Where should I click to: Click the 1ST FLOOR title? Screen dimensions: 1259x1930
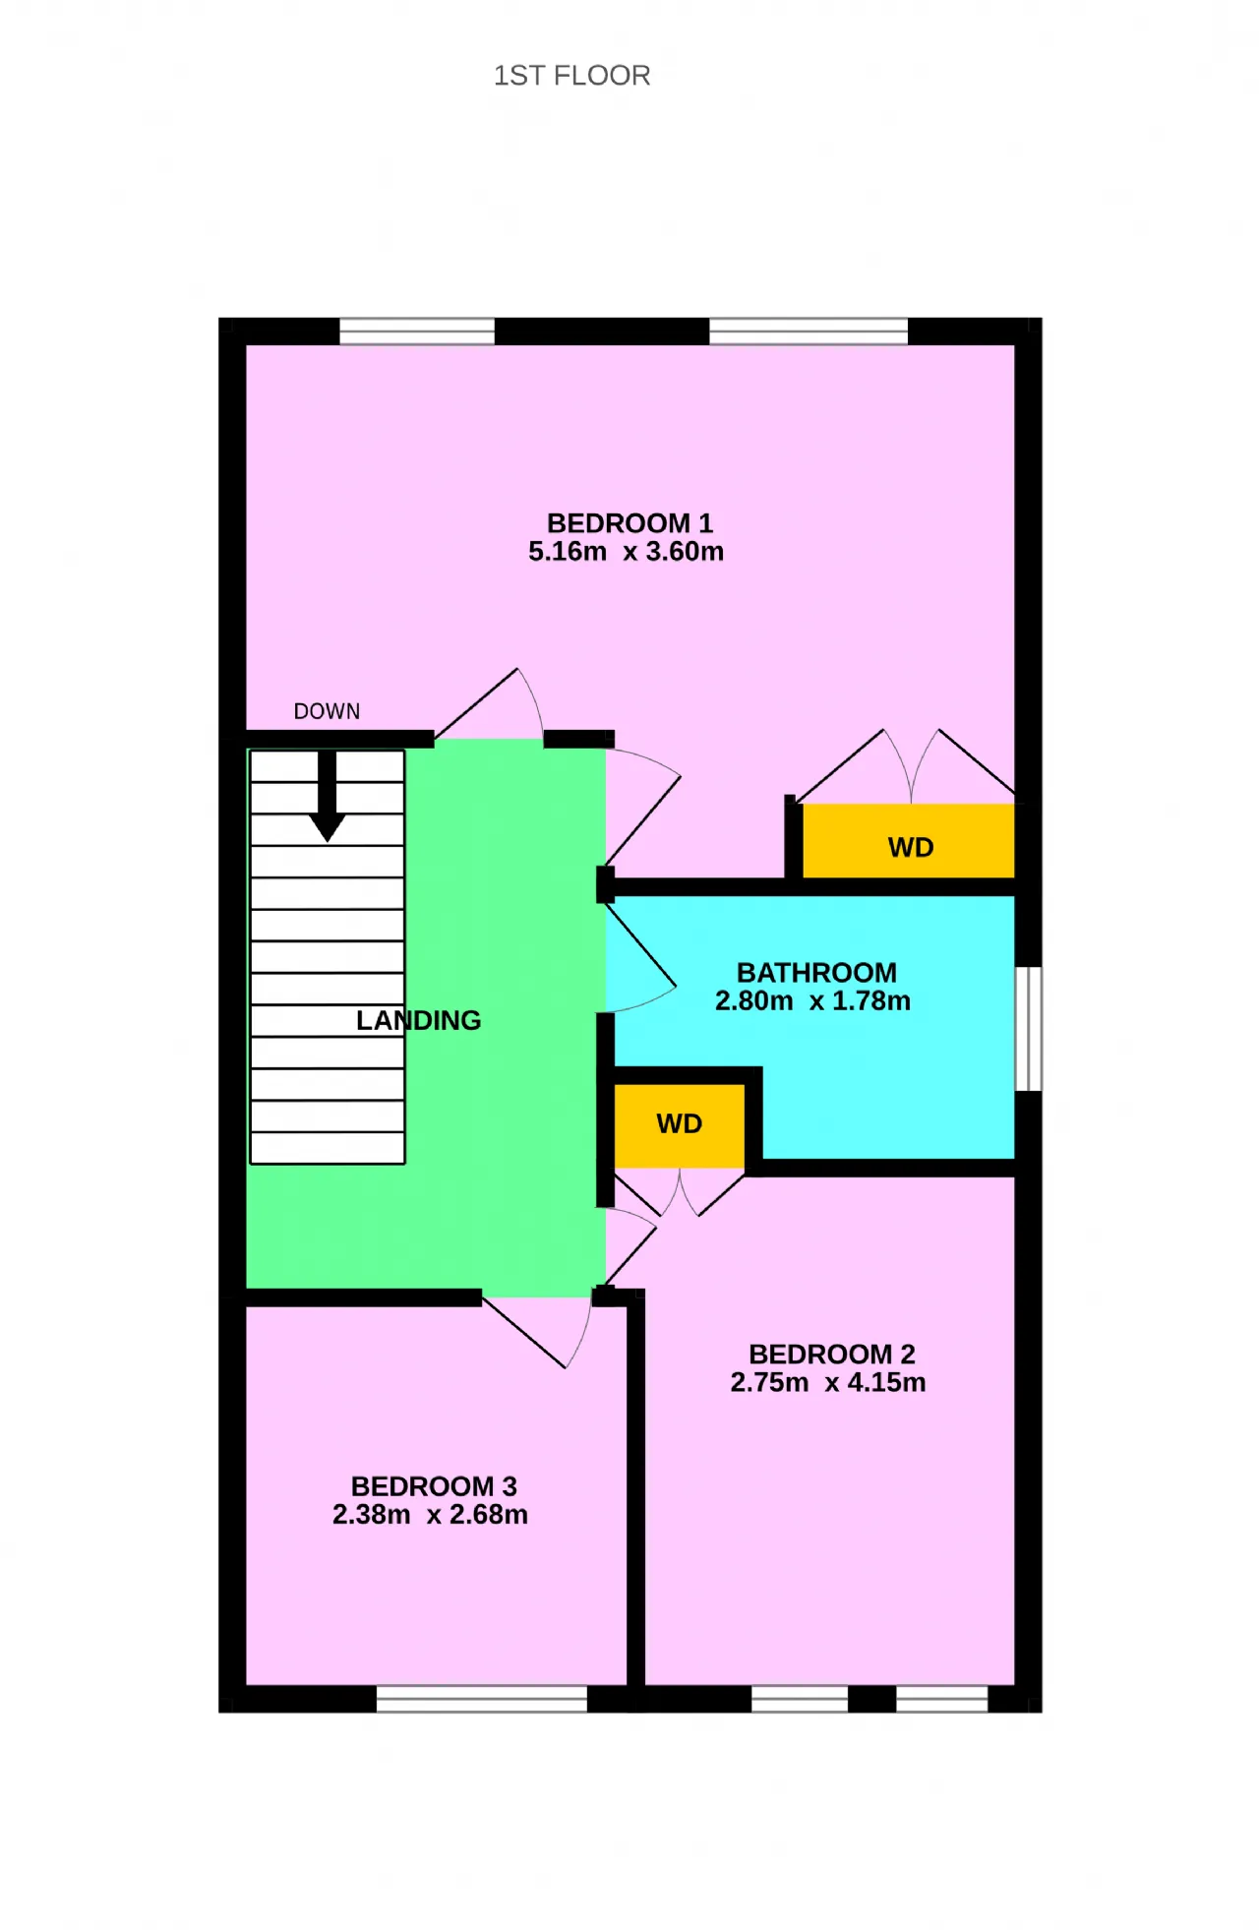point(571,76)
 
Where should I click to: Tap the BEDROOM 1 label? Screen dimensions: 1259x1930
point(629,522)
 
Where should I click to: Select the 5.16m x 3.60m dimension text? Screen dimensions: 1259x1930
point(626,551)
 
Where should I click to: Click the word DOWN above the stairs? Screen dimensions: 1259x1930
point(327,711)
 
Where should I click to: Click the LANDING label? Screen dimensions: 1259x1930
point(418,1020)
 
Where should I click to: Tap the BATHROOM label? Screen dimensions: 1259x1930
point(816,972)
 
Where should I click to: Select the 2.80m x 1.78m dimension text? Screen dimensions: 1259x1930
point(812,1000)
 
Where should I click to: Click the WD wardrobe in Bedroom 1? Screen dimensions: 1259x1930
point(909,841)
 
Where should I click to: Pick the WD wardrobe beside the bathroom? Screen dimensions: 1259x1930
point(680,1125)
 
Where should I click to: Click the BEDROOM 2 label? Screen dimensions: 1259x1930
point(831,1354)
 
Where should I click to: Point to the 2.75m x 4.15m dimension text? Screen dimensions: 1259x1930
point(828,1382)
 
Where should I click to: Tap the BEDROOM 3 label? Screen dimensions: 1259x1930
point(434,1485)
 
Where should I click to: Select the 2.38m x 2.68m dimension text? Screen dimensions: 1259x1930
point(430,1514)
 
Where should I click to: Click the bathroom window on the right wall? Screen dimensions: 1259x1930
point(1028,1029)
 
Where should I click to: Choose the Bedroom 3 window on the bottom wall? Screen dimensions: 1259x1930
point(482,1699)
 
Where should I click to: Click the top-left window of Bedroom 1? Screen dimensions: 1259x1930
point(417,331)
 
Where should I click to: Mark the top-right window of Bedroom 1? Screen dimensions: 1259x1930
point(809,331)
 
